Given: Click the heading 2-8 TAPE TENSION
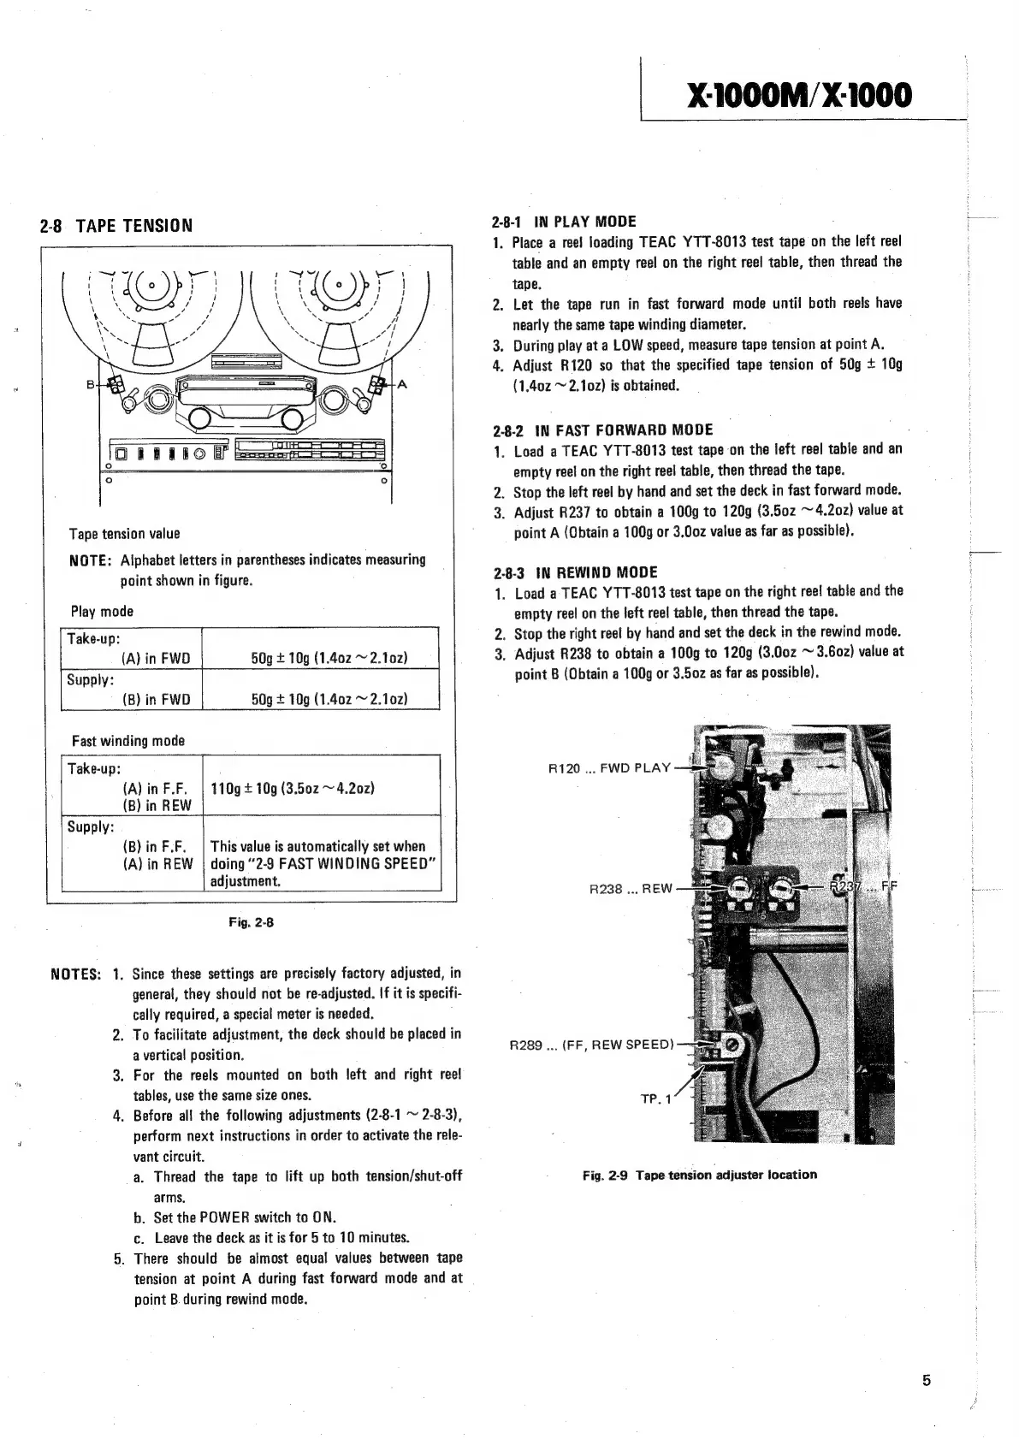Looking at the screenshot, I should point(116,226).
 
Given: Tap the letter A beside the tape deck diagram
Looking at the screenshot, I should point(401,384).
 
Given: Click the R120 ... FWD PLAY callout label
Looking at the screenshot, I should point(609,767).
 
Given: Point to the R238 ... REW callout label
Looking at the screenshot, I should point(631,888).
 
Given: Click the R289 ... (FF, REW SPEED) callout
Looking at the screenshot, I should point(592,1044).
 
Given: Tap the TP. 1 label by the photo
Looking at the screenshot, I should point(655,1098).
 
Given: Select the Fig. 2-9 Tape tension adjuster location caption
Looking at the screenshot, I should point(699,1175).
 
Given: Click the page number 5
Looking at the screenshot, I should point(927,1379).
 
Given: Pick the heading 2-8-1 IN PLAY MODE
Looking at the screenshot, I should point(564,222).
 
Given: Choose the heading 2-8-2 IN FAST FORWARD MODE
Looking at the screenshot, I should point(602,429).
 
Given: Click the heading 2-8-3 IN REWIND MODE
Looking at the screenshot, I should point(575,572).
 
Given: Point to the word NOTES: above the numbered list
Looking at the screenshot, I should point(77,974).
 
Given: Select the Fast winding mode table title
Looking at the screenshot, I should point(127,741).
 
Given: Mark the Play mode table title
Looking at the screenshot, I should point(102,612).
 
